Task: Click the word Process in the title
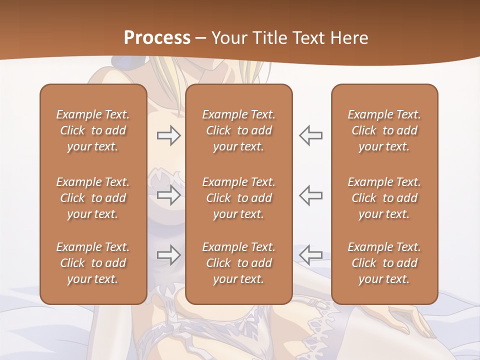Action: pos(157,38)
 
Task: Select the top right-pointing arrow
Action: pos(168,135)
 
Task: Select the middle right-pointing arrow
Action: pos(168,195)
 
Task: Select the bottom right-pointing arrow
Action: pos(168,255)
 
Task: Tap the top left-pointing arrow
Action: pos(310,135)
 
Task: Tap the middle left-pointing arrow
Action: pos(310,195)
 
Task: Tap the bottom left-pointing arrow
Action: pos(310,255)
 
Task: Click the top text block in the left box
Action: pos(93,130)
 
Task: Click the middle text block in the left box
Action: pos(93,198)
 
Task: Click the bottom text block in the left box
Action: pos(93,263)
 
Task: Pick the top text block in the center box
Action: pos(238,130)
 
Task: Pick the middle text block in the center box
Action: pos(238,198)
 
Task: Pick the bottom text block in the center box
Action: pos(238,263)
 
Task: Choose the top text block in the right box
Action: pos(384,130)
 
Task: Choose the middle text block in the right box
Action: pos(384,198)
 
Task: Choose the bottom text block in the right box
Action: pos(384,263)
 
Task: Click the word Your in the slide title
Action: pos(228,38)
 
